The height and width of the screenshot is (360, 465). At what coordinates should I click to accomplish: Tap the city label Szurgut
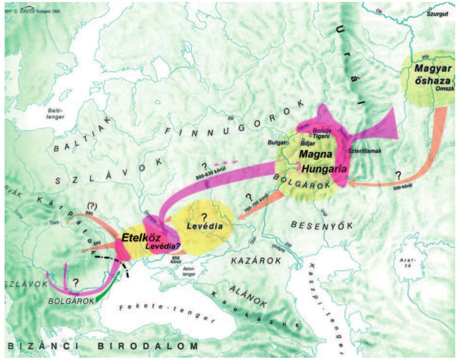pos(437,14)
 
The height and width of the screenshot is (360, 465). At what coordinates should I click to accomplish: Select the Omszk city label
pos(444,88)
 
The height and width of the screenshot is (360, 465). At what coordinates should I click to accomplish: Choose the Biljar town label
pos(308,143)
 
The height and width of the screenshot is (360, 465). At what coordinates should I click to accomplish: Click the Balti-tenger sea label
pos(55,114)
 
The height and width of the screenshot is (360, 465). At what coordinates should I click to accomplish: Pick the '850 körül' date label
pos(176,260)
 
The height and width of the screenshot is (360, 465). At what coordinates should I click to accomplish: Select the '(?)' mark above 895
pos(91,206)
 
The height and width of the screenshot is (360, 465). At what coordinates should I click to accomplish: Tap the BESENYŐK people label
pos(322,225)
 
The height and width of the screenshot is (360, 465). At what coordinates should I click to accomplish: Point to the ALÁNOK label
pos(248,296)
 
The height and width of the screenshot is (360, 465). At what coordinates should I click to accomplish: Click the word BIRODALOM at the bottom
pos(148,346)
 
